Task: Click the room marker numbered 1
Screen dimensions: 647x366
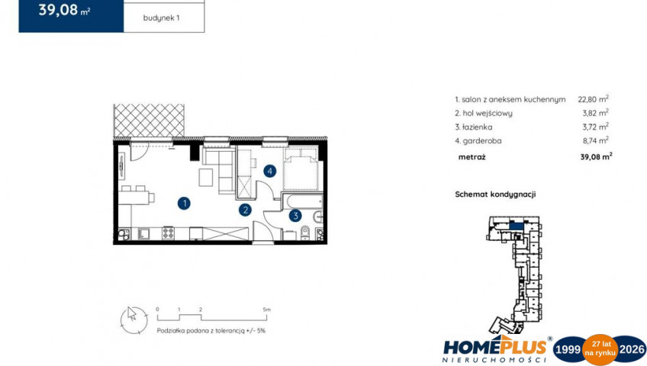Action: [x=184, y=203]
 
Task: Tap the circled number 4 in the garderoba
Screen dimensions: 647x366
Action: [x=270, y=171]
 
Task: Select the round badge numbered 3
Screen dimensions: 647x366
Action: [x=295, y=216]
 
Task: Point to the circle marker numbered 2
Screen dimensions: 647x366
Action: [x=245, y=210]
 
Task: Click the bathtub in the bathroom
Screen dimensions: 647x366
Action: [x=304, y=202]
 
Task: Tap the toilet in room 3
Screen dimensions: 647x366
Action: [x=305, y=232]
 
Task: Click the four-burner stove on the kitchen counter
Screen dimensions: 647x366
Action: [x=169, y=233]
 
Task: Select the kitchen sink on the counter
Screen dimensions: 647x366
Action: [x=144, y=233]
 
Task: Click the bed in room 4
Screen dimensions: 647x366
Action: [x=301, y=169]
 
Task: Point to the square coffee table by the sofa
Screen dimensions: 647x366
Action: [x=206, y=177]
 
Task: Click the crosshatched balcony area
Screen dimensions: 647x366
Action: [x=149, y=120]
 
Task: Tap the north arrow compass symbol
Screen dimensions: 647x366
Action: [x=134, y=320]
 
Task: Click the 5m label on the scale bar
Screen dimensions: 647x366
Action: [x=267, y=310]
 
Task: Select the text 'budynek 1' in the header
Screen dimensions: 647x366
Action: [x=161, y=18]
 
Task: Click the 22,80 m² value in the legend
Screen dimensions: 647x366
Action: [x=594, y=99]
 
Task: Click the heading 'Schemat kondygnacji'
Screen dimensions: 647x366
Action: [x=495, y=194]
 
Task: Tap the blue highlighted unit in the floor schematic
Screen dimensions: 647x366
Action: [x=516, y=226]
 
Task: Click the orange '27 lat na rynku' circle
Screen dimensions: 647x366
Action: [x=600, y=350]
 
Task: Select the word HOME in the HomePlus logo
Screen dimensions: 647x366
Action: [x=468, y=348]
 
